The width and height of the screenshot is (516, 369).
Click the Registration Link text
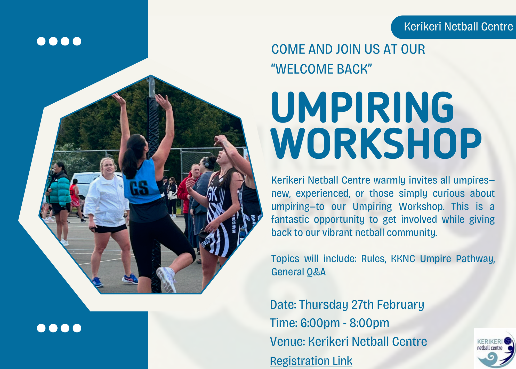[311, 361]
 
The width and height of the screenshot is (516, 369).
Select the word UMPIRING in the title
[362, 108]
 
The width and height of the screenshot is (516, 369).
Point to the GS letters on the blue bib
[139, 188]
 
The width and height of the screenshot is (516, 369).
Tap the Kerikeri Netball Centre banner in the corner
[458, 27]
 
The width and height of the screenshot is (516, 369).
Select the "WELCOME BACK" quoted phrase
[321, 69]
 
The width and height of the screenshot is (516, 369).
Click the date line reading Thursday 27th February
[347, 305]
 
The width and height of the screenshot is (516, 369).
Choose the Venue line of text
[348, 342]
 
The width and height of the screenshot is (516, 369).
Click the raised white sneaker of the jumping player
[166, 279]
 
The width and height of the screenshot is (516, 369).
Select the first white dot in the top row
[41, 41]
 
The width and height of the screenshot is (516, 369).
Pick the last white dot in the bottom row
[77, 328]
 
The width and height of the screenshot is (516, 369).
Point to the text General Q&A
[298, 272]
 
